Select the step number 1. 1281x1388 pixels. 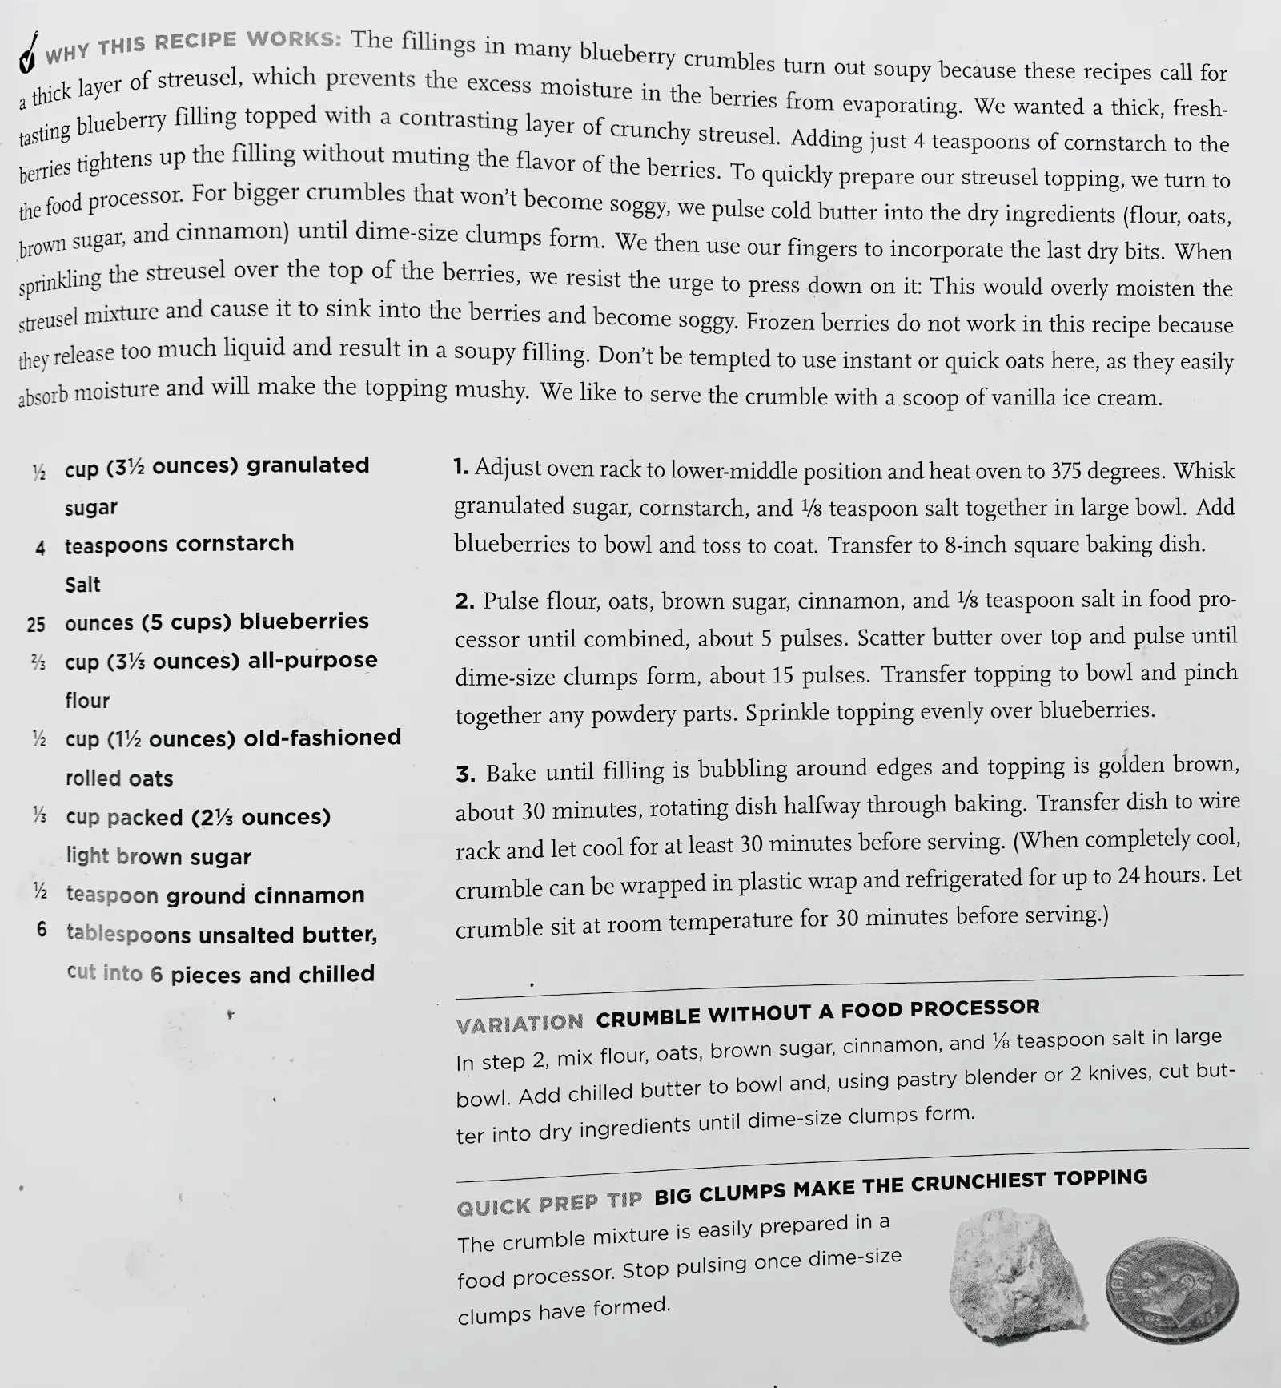click(460, 466)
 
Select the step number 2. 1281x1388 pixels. click(464, 601)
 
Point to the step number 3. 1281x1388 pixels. click(465, 774)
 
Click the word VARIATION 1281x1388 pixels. click(520, 1024)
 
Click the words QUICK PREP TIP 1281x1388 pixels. click(549, 1203)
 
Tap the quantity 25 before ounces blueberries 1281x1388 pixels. click(36, 624)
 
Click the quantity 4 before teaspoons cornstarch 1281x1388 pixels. click(40, 549)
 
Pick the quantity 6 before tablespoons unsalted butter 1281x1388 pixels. click(42, 930)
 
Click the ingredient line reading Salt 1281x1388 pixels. click(82, 585)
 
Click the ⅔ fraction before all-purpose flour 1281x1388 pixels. click(38, 662)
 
